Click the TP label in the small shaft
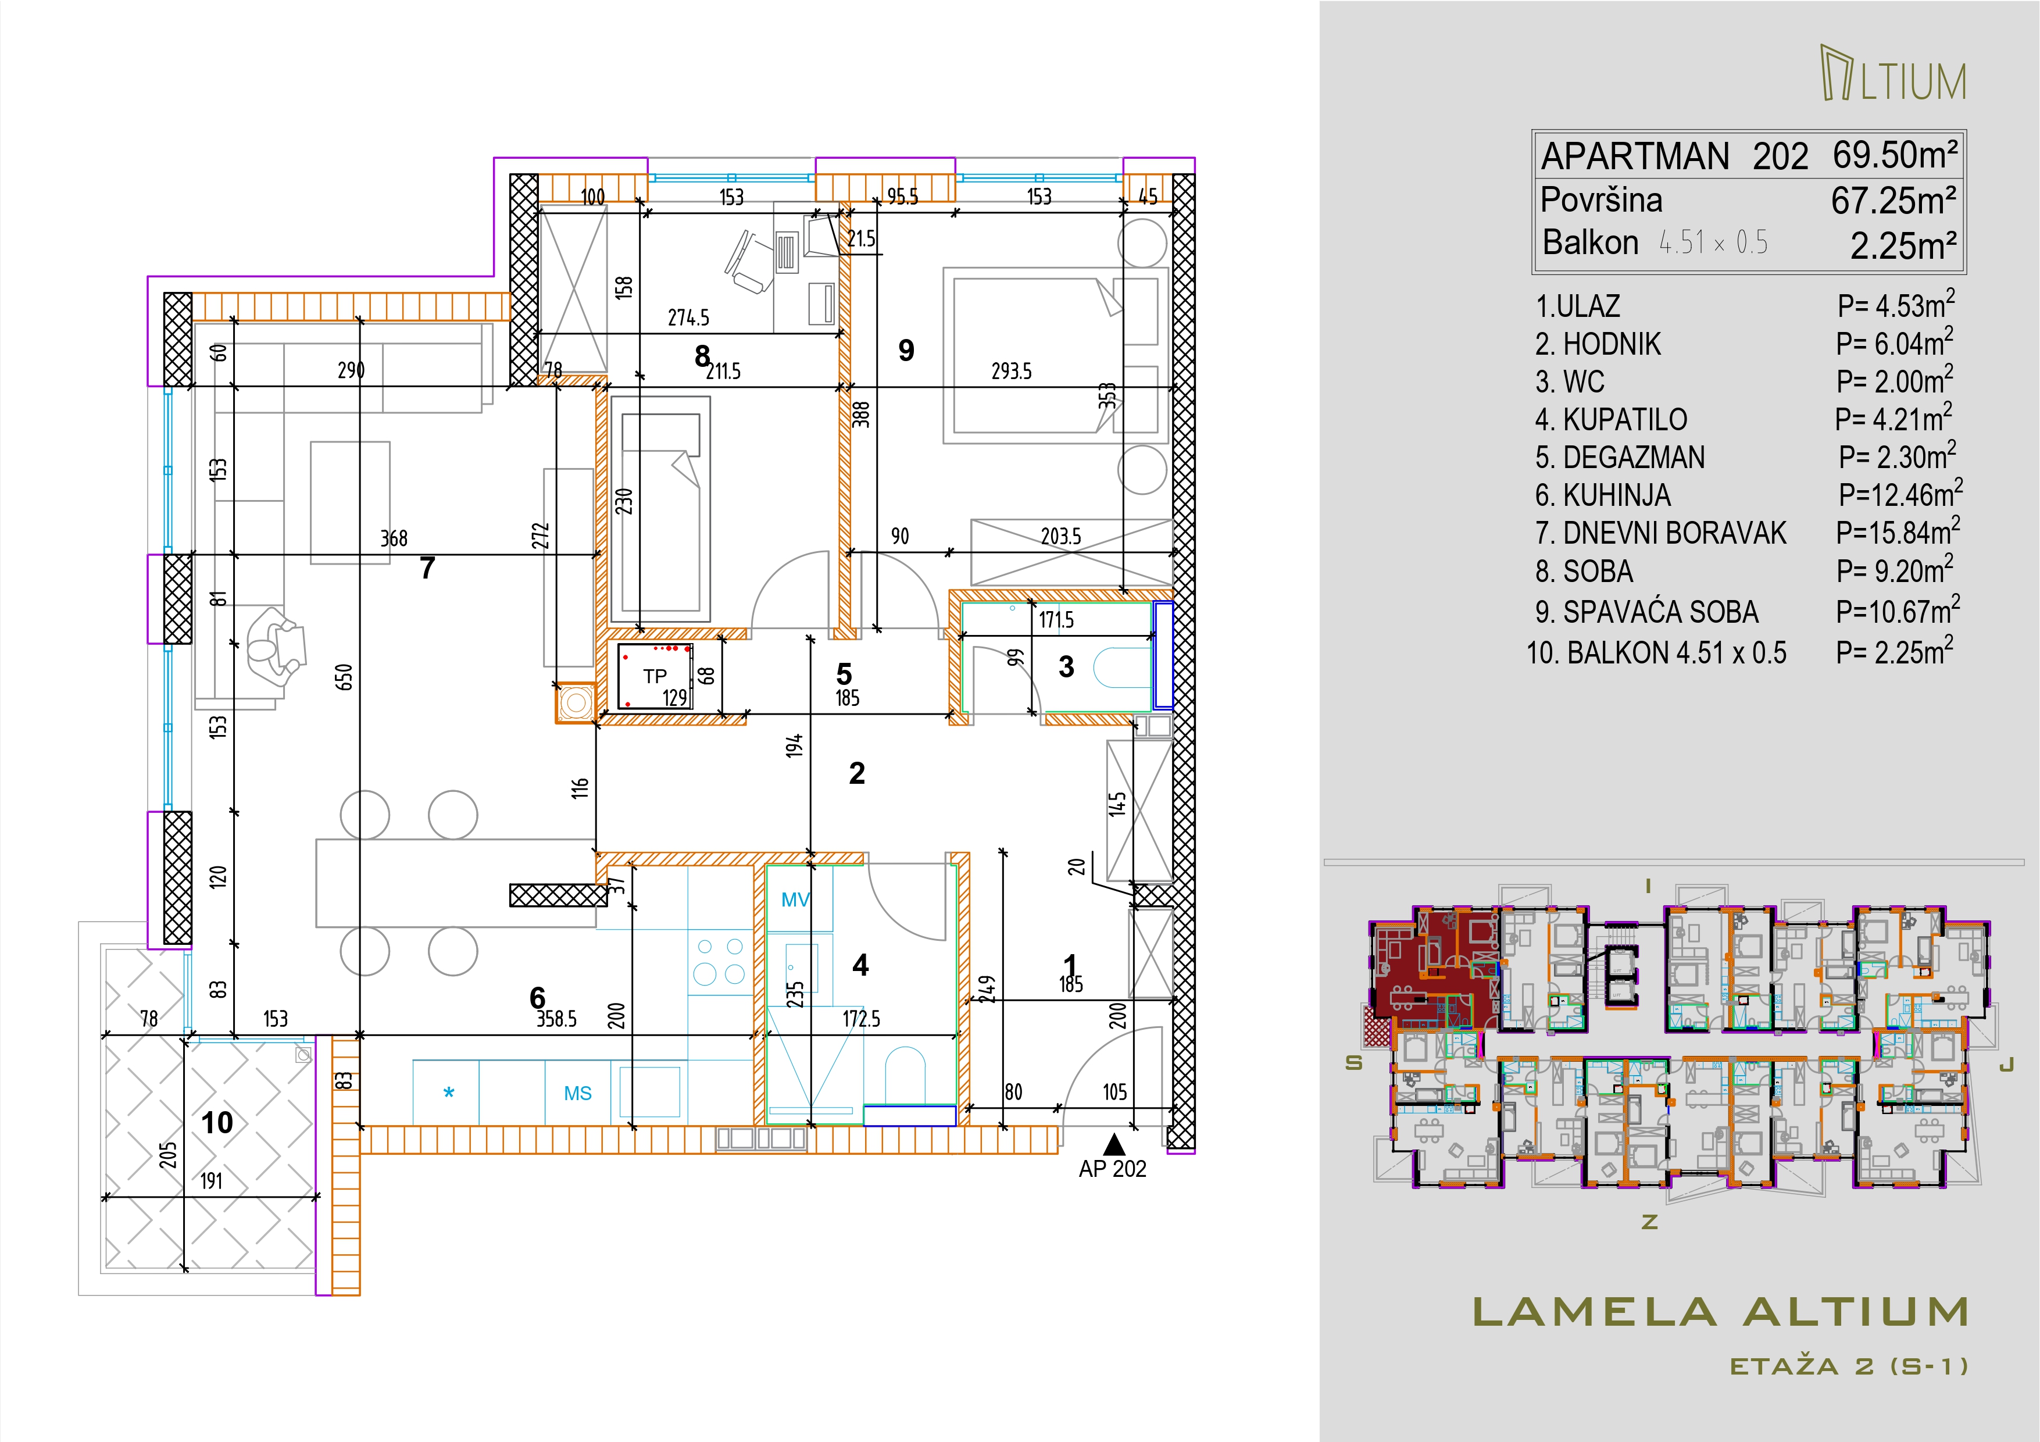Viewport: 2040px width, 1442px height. point(655,676)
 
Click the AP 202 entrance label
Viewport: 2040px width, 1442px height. point(1112,1169)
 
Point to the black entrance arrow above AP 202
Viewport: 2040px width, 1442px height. point(1114,1144)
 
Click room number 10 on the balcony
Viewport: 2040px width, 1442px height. point(217,1123)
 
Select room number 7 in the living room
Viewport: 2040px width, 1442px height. point(427,567)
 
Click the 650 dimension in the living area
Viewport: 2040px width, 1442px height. point(345,677)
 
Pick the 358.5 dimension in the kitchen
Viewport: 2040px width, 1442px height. point(556,1019)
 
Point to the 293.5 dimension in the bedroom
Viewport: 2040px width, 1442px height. point(1011,372)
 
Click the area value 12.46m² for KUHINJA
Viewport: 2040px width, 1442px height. point(1900,494)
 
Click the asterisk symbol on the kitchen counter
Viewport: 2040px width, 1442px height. point(449,1094)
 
